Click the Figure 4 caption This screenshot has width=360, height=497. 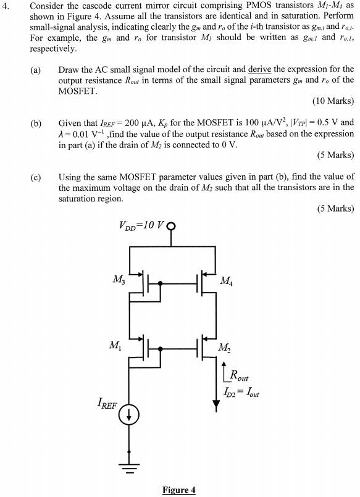[x=178, y=490]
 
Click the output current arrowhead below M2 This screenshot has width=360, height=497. [x=216, y=406]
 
